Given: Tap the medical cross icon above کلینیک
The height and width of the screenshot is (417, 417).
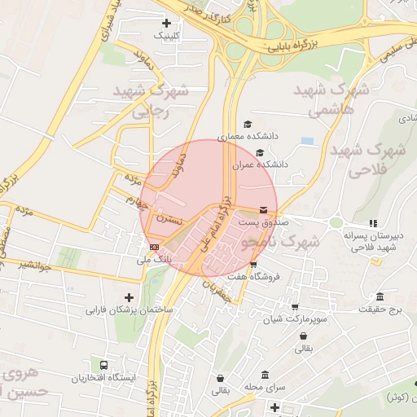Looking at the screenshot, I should [167, 23].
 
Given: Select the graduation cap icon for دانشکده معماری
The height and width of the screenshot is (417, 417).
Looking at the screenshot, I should [248, 124].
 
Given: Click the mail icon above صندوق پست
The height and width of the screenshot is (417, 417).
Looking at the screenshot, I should [262, 208].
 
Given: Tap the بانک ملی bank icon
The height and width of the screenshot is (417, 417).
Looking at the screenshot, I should [154, 246].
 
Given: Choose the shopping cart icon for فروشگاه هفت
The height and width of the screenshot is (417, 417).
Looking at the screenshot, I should [253, 264].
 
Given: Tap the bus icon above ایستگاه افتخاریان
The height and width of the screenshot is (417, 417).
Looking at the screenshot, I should [103, 366].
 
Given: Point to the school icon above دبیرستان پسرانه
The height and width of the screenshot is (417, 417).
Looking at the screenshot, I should [373, 223].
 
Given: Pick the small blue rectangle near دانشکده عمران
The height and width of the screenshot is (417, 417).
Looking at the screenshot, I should [307, 141].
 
